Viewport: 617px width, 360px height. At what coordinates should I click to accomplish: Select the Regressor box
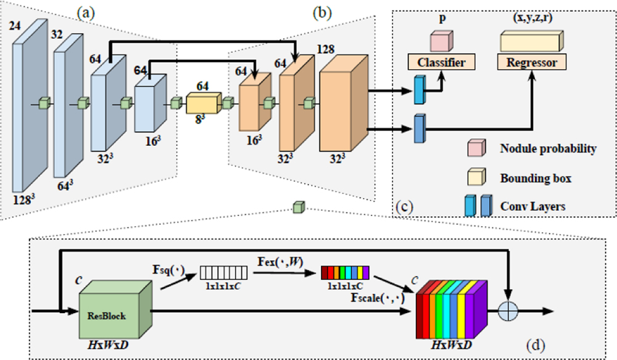pos(531,62)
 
